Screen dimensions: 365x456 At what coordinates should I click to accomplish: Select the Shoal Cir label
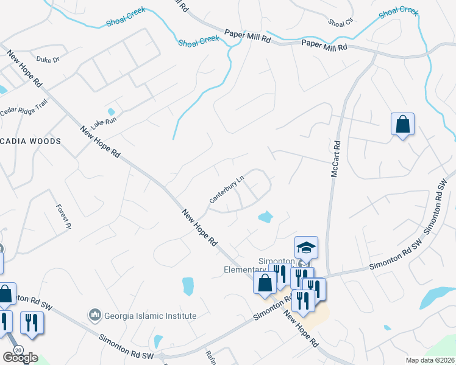point(340,23)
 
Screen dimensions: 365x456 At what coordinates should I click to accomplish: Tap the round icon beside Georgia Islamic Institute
point(94,315)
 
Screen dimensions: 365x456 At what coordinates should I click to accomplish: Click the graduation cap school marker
point(306,248)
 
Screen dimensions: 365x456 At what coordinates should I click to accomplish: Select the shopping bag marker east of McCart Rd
point(402,125)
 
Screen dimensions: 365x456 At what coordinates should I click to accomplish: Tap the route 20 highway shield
point(18,350)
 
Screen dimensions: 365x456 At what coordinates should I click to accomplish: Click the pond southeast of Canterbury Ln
point(265,216)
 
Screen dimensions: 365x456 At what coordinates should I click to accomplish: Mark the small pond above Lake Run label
point(111,112)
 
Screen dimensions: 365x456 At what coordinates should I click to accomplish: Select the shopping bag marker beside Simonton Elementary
point(265,283)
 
